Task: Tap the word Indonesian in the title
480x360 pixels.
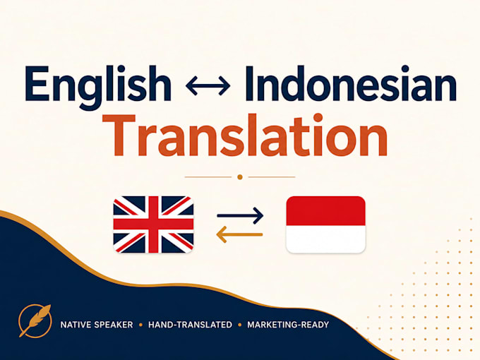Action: (x=351, y=83)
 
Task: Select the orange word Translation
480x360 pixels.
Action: (x=245, y=136)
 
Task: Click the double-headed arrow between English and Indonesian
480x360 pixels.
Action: (x=208, y=85)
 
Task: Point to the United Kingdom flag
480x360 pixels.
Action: (x=153, y=224)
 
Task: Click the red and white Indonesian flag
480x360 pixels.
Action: (x=325, y=224)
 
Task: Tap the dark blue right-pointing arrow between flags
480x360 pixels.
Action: (x=240, y=215)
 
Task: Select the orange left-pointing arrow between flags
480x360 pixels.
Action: (x=239, y=235)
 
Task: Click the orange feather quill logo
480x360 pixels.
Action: (x=35, y=320)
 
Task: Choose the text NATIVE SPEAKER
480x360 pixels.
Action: (x=97, y=325)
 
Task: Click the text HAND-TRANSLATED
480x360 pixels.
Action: (x=190, y=325)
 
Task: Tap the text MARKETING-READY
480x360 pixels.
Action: (x=288, y=325)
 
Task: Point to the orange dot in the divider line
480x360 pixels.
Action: (x=240, y=177)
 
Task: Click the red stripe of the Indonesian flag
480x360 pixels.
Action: (x=325, y=211)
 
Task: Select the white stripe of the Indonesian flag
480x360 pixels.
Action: (x=325, y=239)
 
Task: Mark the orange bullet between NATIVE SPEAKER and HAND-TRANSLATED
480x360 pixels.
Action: (x=140, y=325)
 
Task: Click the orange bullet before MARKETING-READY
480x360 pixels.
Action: (x=240, y=325)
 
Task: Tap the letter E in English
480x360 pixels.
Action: (x=37, y=83)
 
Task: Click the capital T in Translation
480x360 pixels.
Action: (x=119, y=135)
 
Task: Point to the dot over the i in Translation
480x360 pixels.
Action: (x=318, y=118)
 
